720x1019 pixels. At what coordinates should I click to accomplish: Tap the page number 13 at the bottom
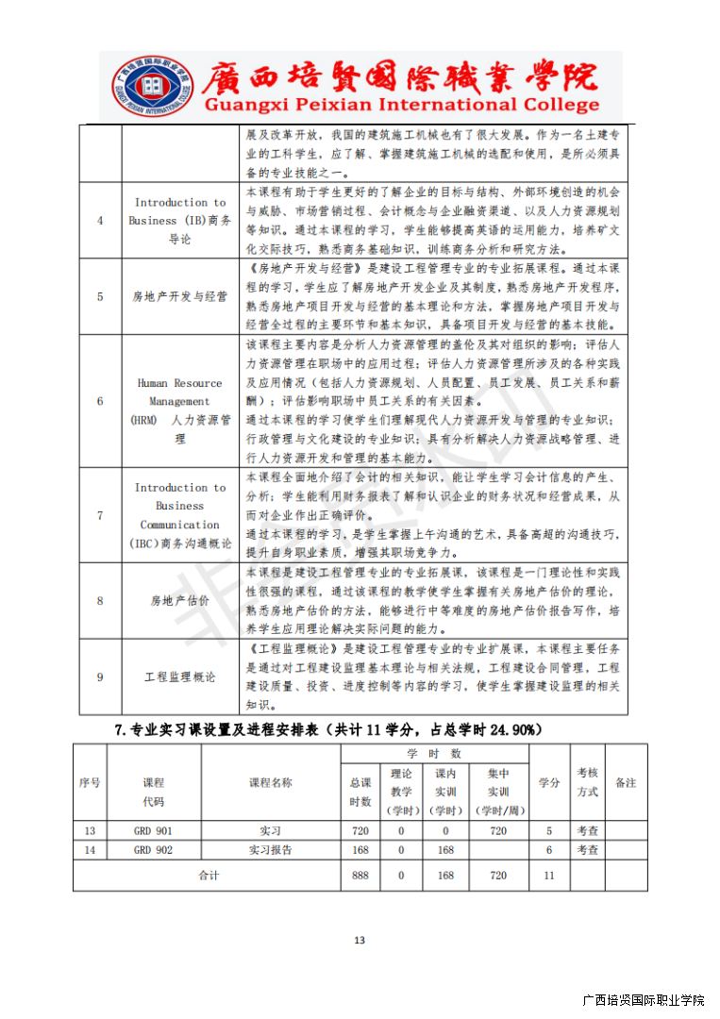coord(359,939)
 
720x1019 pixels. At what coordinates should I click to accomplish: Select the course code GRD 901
coord(153,830)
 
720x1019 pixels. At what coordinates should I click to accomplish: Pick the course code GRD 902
coord(153,849)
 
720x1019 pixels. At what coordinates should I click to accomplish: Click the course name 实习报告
coord(271,849)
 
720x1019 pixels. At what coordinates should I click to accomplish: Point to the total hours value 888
coord(360,875)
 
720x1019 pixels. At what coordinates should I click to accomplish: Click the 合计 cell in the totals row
coord(208,875)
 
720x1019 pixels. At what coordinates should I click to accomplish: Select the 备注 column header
coord(626,782)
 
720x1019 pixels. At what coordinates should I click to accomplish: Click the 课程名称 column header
coord(271,782)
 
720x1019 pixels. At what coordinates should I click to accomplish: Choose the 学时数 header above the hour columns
coord(434,754)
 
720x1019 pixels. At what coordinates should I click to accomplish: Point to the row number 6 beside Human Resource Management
coord(101,401)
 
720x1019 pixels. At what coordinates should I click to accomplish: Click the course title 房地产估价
coord(179,600)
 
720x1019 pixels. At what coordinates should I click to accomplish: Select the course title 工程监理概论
coord(179,677)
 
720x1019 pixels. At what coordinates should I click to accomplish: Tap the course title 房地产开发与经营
coord(179,296)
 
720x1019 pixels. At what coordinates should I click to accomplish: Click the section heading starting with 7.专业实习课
coord(327,729)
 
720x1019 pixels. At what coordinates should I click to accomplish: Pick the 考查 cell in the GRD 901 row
coord(587,830)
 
